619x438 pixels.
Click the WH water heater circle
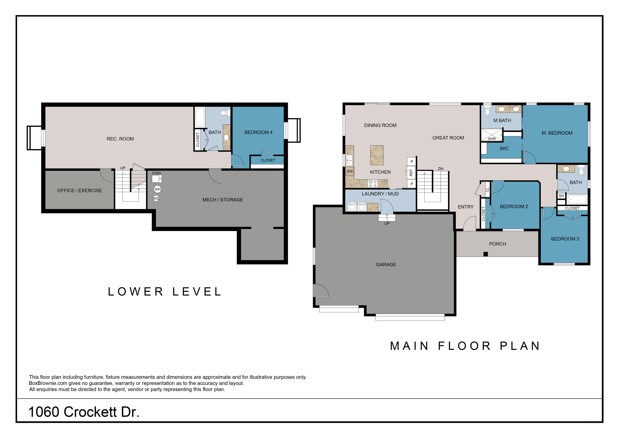click(157, 189)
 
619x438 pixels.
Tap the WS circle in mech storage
click(156, 198)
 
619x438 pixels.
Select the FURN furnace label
click(156, 173)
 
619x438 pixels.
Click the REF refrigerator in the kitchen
click(411, 173)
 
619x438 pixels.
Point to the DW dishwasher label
click(350, 171)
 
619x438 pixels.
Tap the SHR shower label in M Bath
click(492, 139)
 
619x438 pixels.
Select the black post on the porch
click(486, 254)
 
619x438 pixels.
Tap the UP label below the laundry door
click(387, 223)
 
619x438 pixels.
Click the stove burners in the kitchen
click(373, 184)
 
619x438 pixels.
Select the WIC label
click(504, 148)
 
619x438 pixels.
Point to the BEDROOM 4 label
click(258, 132)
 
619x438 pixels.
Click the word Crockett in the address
click(90, 412)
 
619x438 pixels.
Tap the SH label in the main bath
click(561, 196)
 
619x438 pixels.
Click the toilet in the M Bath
click(487, 110)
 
